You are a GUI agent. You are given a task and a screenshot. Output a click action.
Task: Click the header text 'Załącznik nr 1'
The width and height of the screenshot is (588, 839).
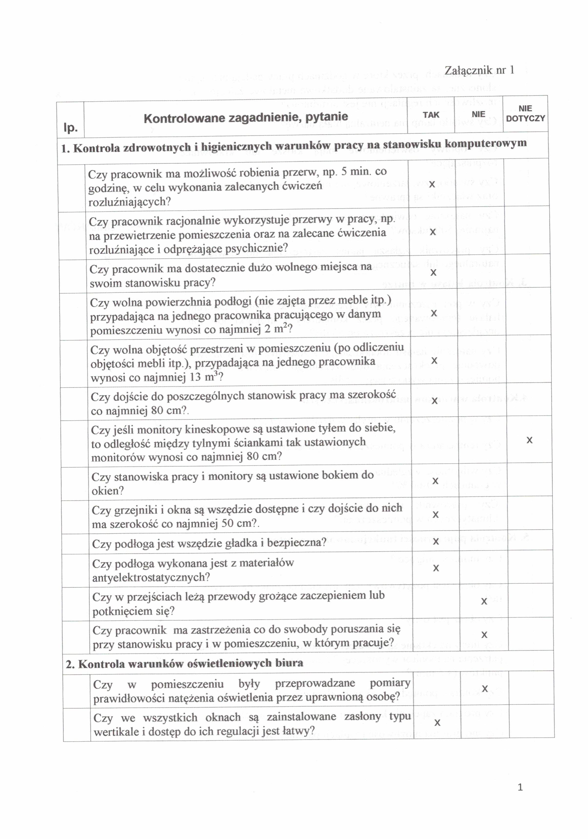[x=479, y=70]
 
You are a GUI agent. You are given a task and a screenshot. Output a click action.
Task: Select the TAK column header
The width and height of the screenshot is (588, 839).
[x=431, y=115]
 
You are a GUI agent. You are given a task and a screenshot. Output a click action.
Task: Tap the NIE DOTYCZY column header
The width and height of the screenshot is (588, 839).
[x=525, y=113]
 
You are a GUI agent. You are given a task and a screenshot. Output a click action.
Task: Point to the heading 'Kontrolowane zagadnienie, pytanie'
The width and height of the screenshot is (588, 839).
[x=246, y=117]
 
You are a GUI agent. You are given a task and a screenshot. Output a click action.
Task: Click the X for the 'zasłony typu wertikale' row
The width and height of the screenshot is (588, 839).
[x=437, y=722]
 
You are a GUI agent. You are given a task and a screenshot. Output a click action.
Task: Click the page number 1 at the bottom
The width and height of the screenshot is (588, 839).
[x=520, y=787]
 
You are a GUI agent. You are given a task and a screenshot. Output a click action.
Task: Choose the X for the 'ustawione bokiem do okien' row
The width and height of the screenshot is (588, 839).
[x=435, y=481]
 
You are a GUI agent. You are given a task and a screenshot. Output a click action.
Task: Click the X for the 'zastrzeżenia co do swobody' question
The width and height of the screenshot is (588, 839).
[x=484, y=635]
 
